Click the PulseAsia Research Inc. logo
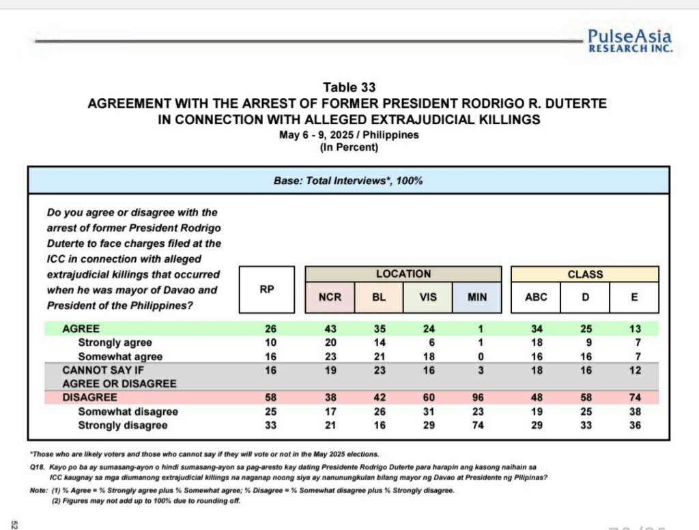(x=629, y=41)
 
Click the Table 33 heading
(x=349, y=88)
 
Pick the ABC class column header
(x=536, y=297)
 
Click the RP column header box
(x=267, y=289)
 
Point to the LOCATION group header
(x=403, y=274)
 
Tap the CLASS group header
(x=585, y=274)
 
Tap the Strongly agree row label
(x=115, y=342)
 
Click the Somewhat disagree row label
(x=128, y=411)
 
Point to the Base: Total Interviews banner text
(x=348, y=181)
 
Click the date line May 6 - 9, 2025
(x=349, y=135)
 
